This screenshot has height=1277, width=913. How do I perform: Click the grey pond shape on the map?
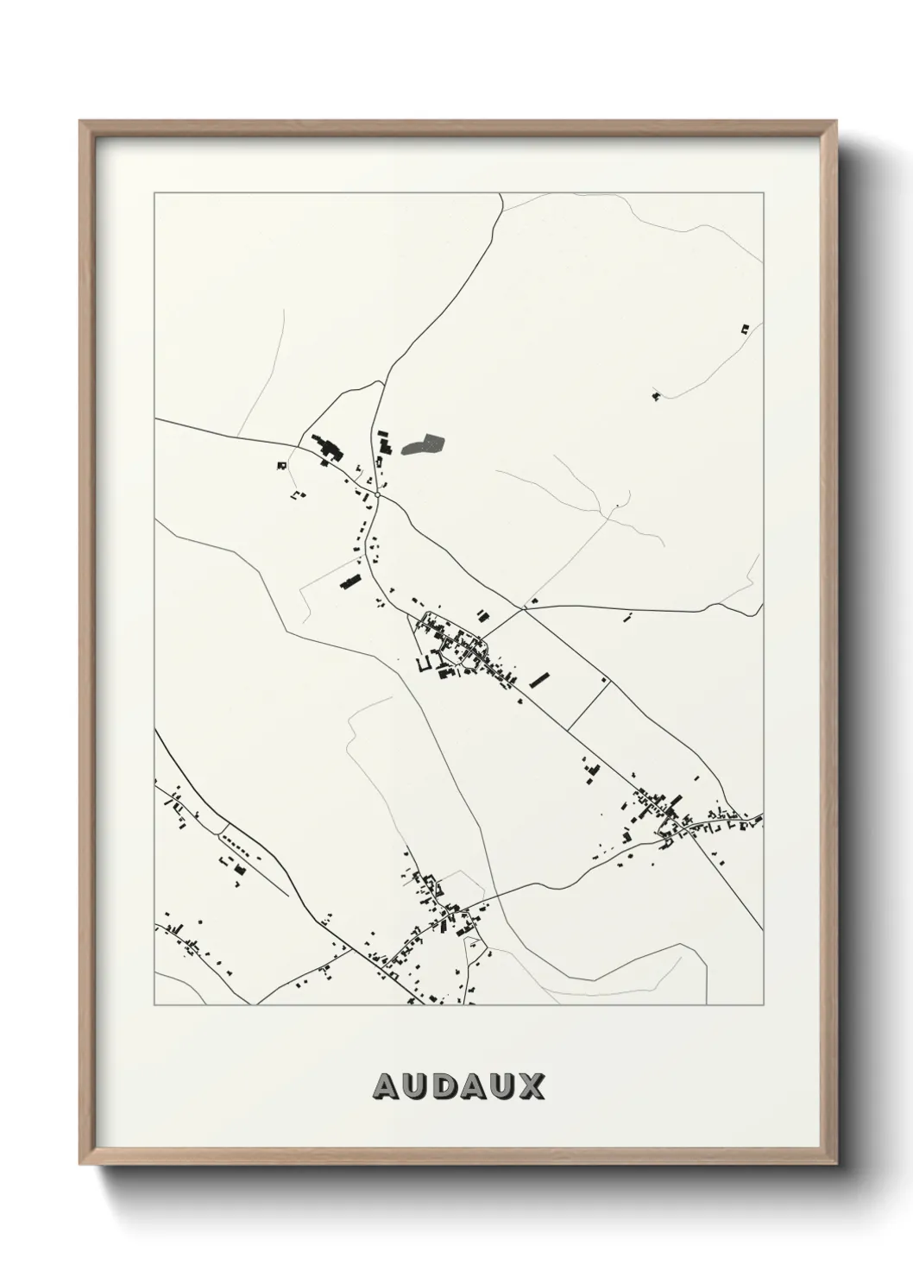coord(424,445)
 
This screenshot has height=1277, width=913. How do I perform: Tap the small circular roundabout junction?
coord(378,495)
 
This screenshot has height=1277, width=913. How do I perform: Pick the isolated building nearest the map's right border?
coord(745,329)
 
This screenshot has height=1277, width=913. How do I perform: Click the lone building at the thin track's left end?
coord(656,396)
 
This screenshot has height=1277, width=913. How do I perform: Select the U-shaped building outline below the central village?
coord(425,664)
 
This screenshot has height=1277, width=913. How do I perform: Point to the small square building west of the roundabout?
coord(281,465)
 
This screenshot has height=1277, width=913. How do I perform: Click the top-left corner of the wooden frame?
coord(80,123)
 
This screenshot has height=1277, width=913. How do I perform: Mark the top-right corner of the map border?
coord(763,193)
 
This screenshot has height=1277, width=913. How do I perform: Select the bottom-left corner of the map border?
coord(154,1004)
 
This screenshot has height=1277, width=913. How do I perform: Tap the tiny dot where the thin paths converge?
coord(618,504)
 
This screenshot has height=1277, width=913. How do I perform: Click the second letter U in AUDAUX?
coord(502,1086)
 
